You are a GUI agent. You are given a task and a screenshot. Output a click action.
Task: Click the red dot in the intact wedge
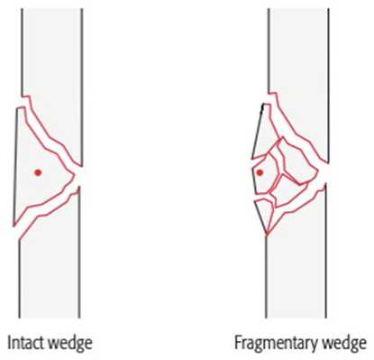[x=38, y=172]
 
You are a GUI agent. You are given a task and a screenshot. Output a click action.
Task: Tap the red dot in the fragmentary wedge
[x=260, y=172]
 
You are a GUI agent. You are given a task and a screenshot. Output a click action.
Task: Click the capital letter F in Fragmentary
[x=238, y=343]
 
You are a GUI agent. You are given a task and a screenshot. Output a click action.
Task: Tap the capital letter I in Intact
[x=9, y=343]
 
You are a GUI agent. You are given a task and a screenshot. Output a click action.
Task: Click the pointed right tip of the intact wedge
[x=74, y=175]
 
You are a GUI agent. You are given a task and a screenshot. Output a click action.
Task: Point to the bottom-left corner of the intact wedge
[x=14, y=226]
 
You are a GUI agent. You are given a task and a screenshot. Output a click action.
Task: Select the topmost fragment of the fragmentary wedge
[x=263, y=133]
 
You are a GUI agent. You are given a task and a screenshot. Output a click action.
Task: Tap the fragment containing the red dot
[x=266, y=174]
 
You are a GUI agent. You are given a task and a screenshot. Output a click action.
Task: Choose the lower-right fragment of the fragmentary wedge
[x=289, y=192]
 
